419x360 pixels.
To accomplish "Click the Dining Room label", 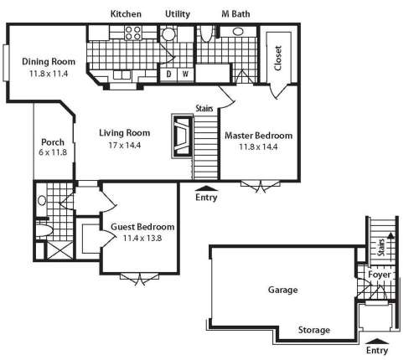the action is click(x=49, y=61).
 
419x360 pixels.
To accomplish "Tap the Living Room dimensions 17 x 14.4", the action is click(x=125, y=145).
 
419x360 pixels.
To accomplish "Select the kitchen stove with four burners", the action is click(x=133, y=33).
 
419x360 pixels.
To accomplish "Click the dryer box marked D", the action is click(x=168, y=75).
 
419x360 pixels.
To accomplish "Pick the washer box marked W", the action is click(x=186, y=75).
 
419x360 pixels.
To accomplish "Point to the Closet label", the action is click(x=277, y=58).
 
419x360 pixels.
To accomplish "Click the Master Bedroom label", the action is click(x=259, y=136).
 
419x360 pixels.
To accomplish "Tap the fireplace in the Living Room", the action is click(x=182, y=136).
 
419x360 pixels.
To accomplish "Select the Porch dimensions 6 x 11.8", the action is click(x=53, y=152).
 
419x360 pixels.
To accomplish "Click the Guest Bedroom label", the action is click(x=142, y=227).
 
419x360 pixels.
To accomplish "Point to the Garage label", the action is click(x=282, y=290).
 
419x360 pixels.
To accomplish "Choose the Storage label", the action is click(x=314, y=330).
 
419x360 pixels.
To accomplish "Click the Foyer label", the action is click(x=380, y=275).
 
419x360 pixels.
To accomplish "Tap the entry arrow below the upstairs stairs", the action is click(x=206, y=188).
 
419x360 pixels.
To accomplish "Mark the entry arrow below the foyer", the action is click(x=377, y=341).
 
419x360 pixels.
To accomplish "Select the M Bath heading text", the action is click(x=235, y=14).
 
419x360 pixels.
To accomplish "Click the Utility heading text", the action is click(x=178, y=14).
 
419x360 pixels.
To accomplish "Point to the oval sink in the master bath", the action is click(x=238, y=31).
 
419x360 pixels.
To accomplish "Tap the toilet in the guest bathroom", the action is click(x=44, y=231).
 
